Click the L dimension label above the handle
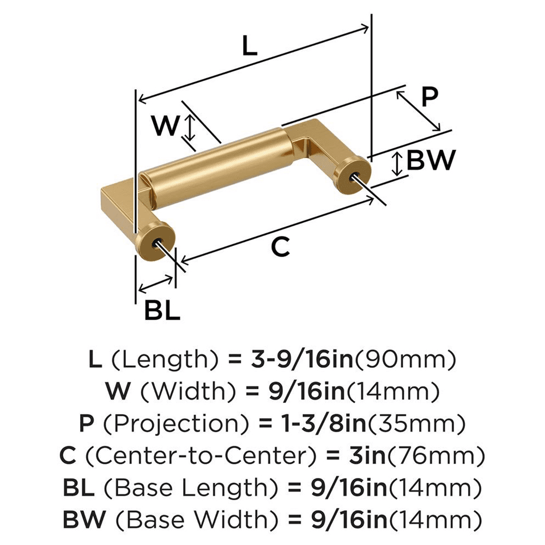click(249, 47)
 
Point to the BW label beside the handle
click(431, 160)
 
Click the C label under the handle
click(280, 247)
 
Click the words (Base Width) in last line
click(191, 517)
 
